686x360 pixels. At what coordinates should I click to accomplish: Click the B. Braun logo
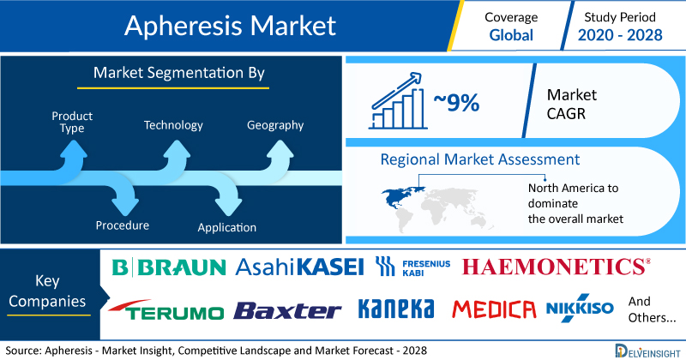pos(169,267)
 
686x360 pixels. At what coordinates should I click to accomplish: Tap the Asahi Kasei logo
pos(299,267)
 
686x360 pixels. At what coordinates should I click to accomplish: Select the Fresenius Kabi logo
pos(413,267)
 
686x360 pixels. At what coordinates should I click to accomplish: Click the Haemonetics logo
pos(556,267)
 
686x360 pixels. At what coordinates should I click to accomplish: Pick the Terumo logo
pos(166,309)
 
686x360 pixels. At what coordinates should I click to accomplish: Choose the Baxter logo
pos(287,310)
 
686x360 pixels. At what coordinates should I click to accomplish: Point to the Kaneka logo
pos(396,309)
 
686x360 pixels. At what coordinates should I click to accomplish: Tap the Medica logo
pos(494,309)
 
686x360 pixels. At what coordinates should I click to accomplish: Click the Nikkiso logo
pos(580,308)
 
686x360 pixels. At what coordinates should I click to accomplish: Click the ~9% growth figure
pos(456,103)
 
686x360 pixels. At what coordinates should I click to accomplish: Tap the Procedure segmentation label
pos(123,225)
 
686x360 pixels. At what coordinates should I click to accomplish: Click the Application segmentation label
pos(226,227)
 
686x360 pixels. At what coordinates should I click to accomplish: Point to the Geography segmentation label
pos(275,125)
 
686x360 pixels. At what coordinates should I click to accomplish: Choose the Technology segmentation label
pos(173,125)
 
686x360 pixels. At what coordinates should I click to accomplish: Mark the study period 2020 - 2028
pos(620,35)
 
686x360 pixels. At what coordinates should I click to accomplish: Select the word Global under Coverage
pos(511,35)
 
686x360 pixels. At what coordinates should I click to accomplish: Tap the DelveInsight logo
pos(647,351)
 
